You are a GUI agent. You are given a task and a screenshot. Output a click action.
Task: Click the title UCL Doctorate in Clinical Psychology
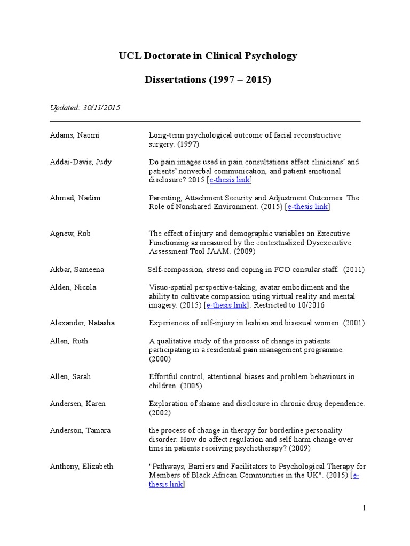click(x=208, y=55)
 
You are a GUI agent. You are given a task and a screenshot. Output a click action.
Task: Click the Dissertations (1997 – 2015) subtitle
click(x=208, y=80)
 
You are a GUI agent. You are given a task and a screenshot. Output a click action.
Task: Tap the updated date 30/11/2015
click(x=101, y=108)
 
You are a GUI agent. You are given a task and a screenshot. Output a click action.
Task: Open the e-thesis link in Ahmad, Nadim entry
click(x=307, y=207)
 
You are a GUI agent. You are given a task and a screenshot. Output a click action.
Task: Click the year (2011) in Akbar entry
click(x=354, y=270)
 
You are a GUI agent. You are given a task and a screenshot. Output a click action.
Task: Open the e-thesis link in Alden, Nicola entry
click(x=226, y=306)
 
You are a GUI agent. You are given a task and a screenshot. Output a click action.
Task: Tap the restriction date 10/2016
click(x=310, y=306)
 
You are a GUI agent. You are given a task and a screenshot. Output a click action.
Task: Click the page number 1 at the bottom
click(x=364, y=508)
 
